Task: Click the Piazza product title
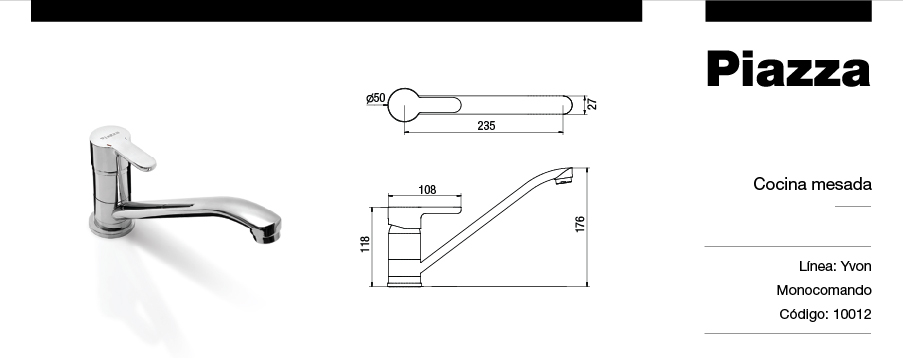pyautogui.click(x=788, y=69)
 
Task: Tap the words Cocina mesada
pyautogui.click(x=812, y=184)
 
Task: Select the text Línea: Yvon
pyautogui.click(x=835, y=266)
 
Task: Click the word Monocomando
pyautogui.click(x=824, y=290)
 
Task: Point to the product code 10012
pyautogui.click(x=852, y=314)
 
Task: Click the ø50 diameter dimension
pyautogui.click(x=376, y=98)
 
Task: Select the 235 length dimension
pyautogui.click(x=486, y=126)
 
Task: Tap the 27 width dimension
pyautogui.click(x=592, y=104)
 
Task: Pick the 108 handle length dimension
pyautogui.click(x=427, y=190)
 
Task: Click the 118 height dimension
pyautogui.click(x=365, y=244)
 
